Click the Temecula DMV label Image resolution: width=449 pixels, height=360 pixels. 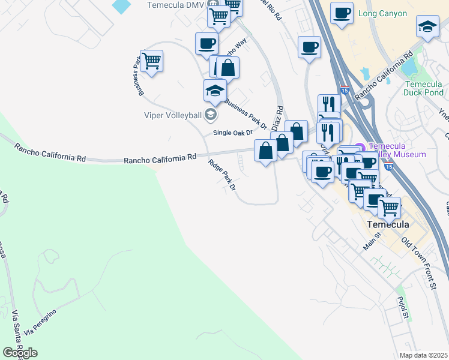[175, 5]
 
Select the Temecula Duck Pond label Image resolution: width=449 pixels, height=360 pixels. [424, 88]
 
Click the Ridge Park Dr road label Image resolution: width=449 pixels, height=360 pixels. [223, 175]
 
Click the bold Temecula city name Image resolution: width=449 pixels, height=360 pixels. [388, 224]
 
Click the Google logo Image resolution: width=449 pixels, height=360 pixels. [20, 353]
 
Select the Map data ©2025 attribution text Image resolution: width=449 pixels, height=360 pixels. [423, 355]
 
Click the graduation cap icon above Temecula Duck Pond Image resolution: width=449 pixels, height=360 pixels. [427, 26]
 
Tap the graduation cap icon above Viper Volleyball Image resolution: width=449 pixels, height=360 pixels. [214, 91]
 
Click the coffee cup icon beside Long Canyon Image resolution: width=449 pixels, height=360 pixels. [342, 13]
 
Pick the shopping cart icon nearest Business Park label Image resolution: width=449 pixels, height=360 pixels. [152, 60]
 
